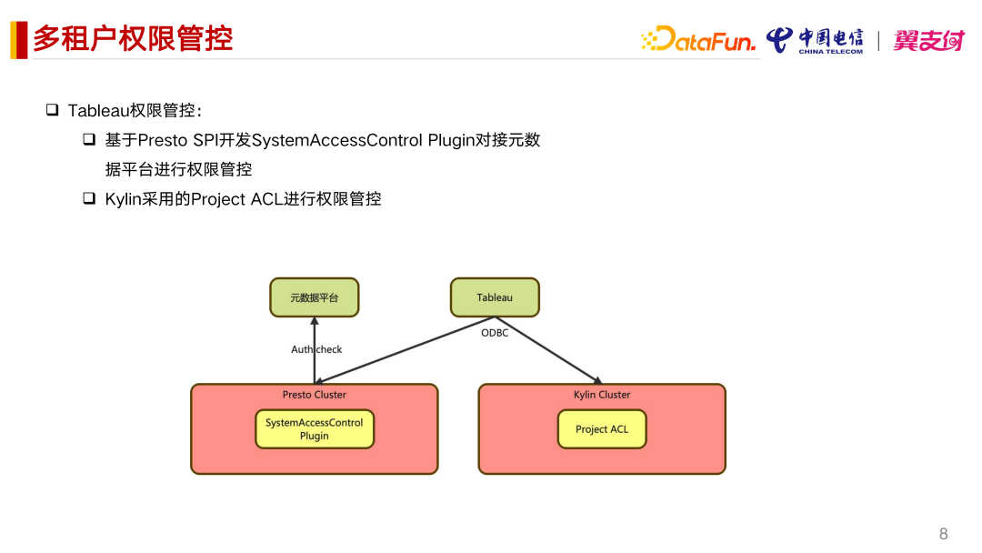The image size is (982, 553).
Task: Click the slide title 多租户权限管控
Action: point(133,39)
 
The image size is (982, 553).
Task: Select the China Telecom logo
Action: point(815,40)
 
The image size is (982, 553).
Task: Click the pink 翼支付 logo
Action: point(927,40)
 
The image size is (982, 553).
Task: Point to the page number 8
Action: point(943,534)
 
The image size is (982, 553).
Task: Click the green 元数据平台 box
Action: point(315,297)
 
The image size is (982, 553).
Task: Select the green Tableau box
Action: point(495,297)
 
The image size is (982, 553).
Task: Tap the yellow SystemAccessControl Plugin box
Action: point(314,429)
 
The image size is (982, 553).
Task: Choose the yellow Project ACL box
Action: point(602,429)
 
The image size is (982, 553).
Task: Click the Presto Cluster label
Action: point(314,395)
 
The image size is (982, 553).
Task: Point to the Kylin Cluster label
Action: point(602,395)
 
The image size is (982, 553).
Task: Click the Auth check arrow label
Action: point(316,349)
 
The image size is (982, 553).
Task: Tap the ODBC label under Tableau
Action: point(495,333)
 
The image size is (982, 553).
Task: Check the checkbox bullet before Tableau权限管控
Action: point(53,110)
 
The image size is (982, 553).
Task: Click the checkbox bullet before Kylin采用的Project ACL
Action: point(89,197)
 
